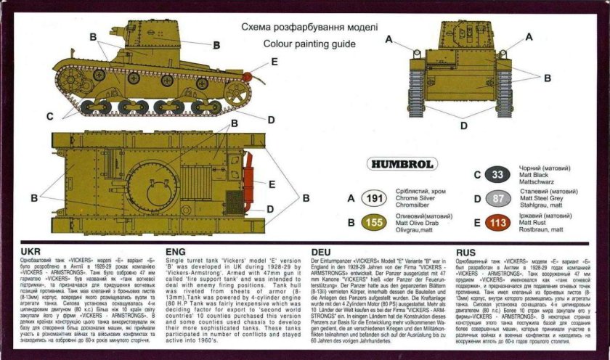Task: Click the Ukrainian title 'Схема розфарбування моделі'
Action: click(309, 27)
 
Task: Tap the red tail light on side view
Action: click(248, 75)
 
